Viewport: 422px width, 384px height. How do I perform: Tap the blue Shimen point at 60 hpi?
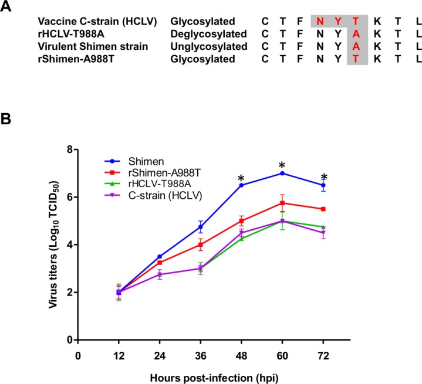tap(282, 174)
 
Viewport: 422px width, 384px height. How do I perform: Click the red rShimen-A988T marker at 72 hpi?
tap(323, 209)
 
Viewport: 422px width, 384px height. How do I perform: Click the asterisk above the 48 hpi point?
tap(241, 178)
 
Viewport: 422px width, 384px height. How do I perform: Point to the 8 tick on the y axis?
tap(70, 149)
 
